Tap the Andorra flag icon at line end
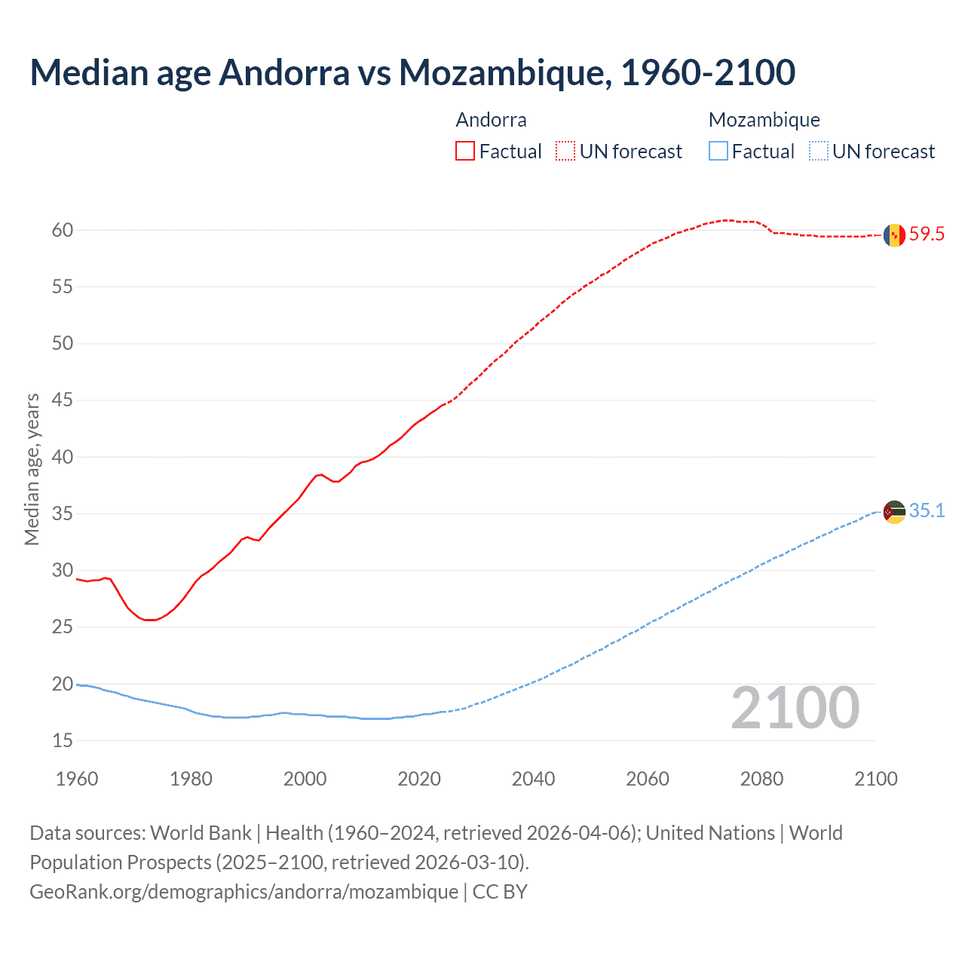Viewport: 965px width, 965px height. pos(894,235)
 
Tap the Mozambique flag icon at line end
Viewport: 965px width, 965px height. pos(894,512)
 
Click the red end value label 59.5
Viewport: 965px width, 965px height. pos(927,234)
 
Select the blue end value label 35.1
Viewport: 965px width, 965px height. pos(927,511)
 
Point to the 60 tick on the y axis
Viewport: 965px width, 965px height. pos(63,231)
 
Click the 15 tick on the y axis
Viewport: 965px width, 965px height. pos(63,741)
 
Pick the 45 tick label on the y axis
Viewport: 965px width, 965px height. pos(63,400)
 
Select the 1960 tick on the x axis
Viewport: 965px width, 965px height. pos(77,779)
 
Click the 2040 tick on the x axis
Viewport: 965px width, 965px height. pos(533,779)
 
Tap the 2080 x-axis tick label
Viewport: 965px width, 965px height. pos(761,779)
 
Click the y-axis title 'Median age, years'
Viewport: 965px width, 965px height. pos(32,469)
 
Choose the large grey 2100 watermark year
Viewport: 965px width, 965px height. pos(795,708)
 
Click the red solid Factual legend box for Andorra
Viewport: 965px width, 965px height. pos(465,152)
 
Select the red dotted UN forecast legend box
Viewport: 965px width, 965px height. pos(565,152)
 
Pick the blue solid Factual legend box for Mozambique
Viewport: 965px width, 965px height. pos(718,152)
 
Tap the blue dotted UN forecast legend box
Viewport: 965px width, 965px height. pos(819,152)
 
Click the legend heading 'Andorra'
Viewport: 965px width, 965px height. pos(492,120)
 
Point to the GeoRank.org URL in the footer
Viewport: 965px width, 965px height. pos(244,892)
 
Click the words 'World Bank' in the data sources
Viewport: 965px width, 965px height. pos(201,833)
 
